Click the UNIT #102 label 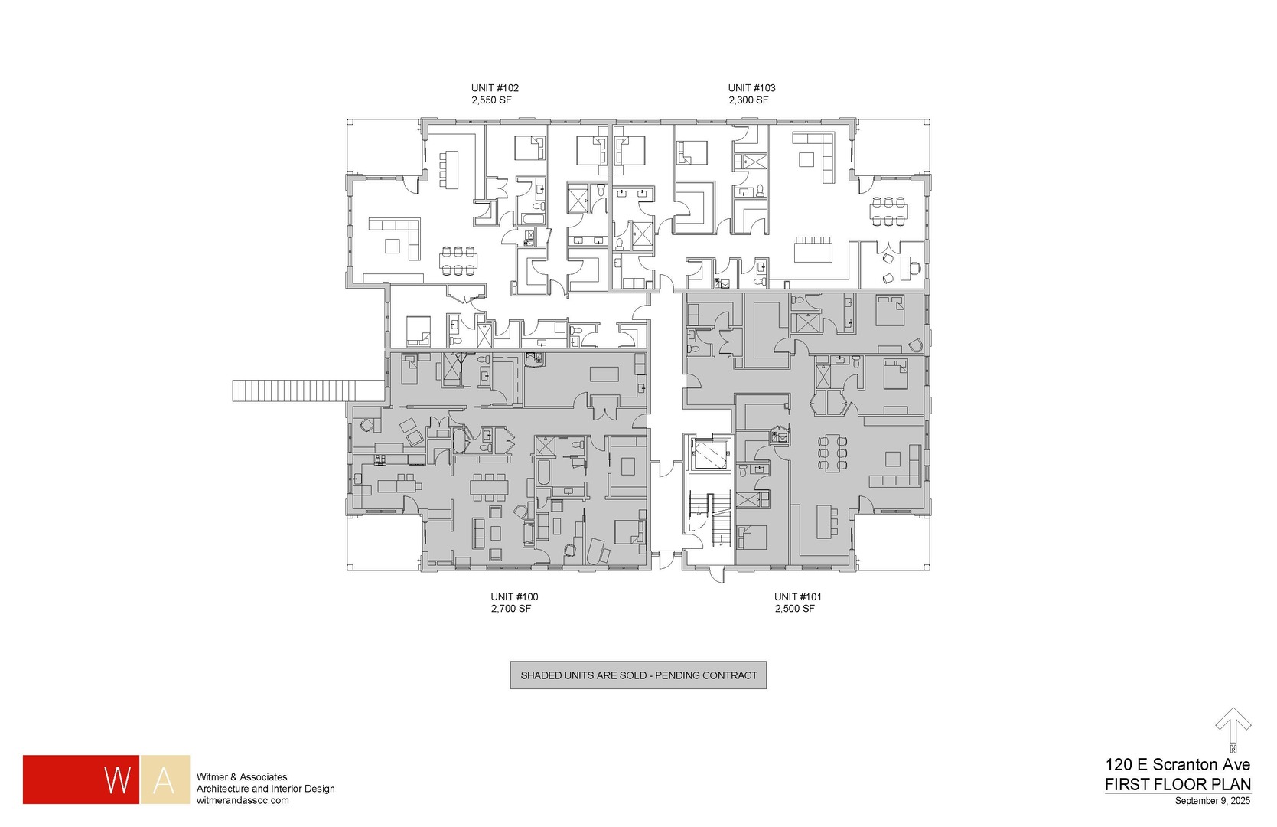click(494, 88)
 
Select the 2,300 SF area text click(748, 100)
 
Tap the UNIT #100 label click(514, 597)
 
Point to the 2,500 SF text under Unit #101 click(794, 610)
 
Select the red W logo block click(81, 780)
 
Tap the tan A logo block click(165, 780)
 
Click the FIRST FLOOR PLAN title click(1178, 785)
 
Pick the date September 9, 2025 click(1213, 802)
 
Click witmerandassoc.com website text click(243, 800)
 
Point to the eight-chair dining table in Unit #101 click(832, 453)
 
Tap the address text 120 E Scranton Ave click(1178, 765)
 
